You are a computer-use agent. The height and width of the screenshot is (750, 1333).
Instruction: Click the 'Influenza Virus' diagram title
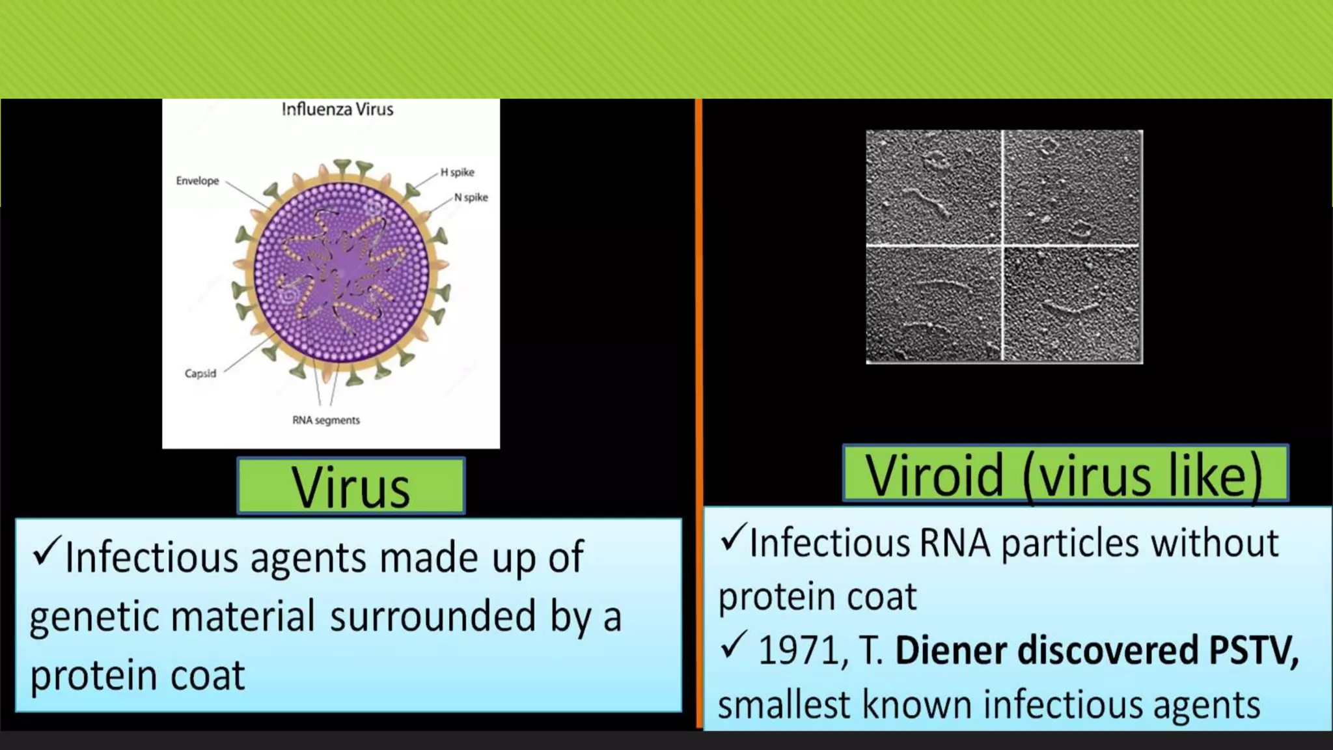click(x=337, y=109)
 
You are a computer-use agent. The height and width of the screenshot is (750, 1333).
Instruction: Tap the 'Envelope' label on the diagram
click(x=197, y=181)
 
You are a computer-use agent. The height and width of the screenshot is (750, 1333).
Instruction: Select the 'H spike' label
click(x=458, y=173)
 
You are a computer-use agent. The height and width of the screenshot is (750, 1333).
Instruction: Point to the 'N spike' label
click(x=471, y=197)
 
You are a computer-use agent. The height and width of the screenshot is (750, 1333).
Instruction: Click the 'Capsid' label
click(x=200, y=374)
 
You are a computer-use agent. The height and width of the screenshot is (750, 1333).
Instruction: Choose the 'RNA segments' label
click(x=325, y=421)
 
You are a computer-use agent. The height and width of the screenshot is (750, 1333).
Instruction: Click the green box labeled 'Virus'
click(x=351, y=486)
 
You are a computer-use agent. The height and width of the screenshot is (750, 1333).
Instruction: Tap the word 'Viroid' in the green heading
click(x=934, y=476)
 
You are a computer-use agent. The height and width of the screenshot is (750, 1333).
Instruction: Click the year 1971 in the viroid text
click(x=799, y=650)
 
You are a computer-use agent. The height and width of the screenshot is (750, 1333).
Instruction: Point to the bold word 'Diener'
click(x=950, y=650)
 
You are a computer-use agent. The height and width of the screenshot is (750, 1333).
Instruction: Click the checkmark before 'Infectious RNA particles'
click(x=733, y=538)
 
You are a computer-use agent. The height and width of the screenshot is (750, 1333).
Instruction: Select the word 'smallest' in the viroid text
click(x=784, y=704)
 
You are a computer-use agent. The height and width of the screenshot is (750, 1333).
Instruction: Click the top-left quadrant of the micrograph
click(x=934, y=187)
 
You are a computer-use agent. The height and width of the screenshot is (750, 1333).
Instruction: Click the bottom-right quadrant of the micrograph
click(x=1072, y=303)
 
